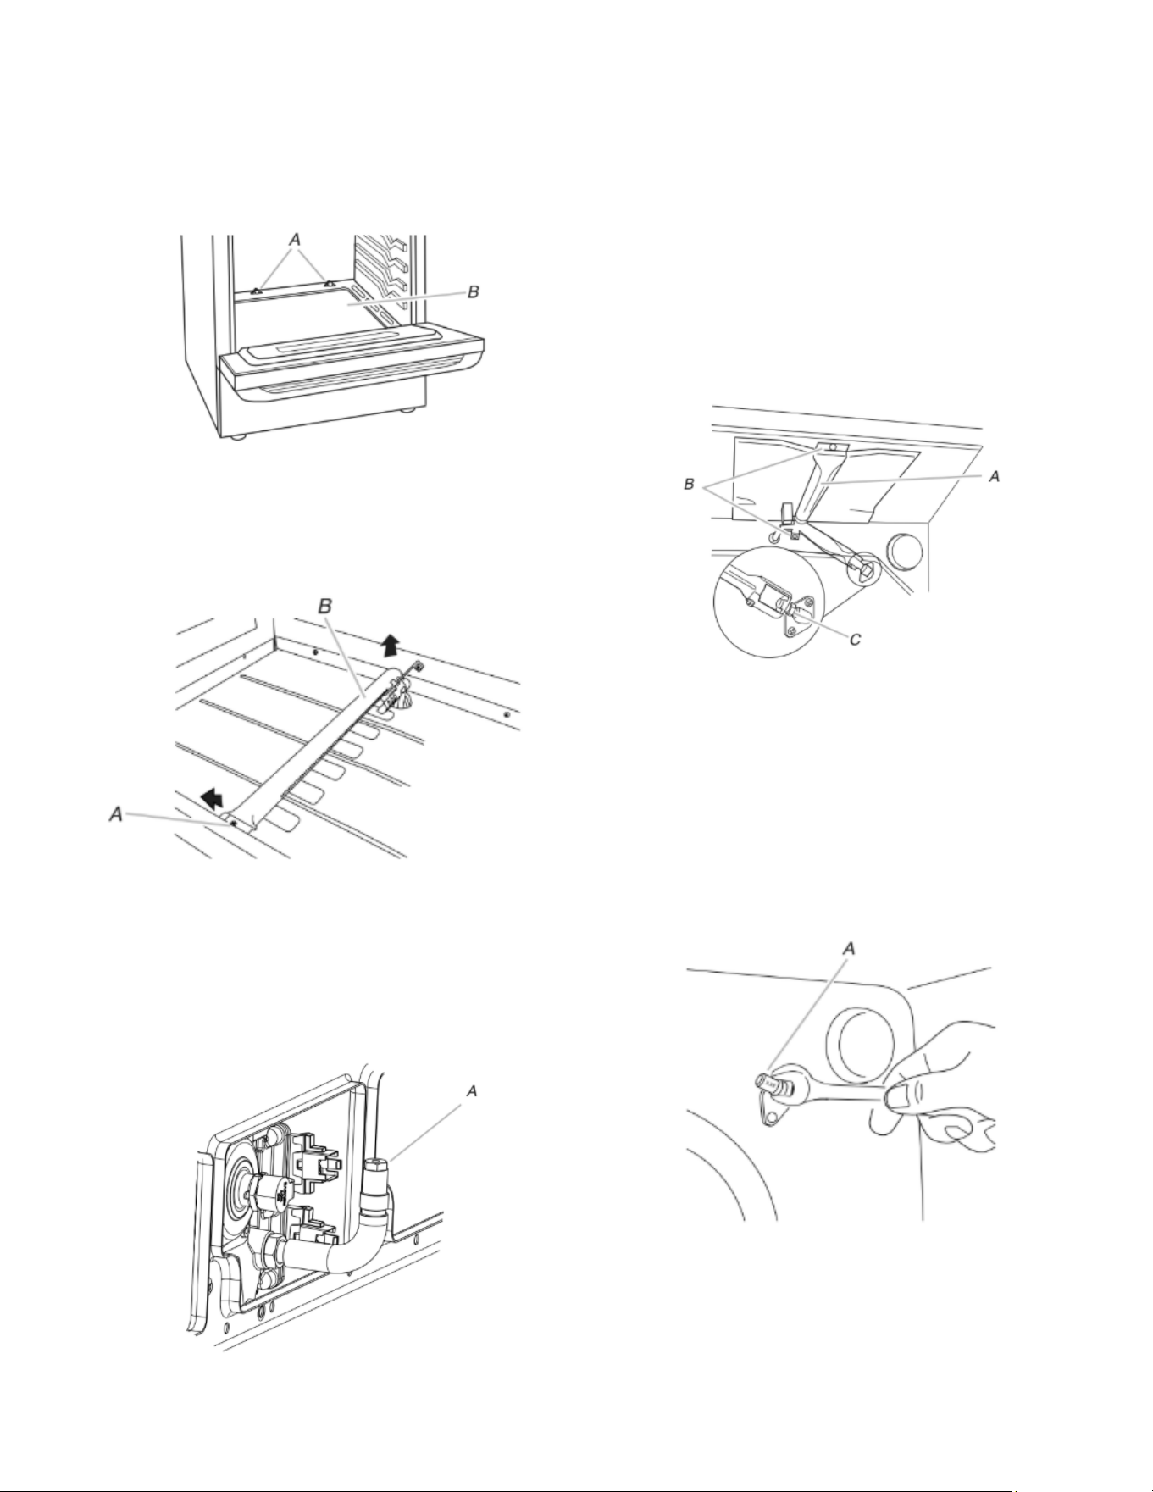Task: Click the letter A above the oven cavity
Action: click(x=295, y=241)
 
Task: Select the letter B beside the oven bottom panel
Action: click(x=474, y=291)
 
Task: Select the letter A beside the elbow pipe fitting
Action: click(x=473, y=1091)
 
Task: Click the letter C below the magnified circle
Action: click(x=856, y=639)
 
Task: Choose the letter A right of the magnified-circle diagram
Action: click(x=995, y=476)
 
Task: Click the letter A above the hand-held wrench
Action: click(x=849, y=950)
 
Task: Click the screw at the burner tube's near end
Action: click(x=233, y=821)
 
